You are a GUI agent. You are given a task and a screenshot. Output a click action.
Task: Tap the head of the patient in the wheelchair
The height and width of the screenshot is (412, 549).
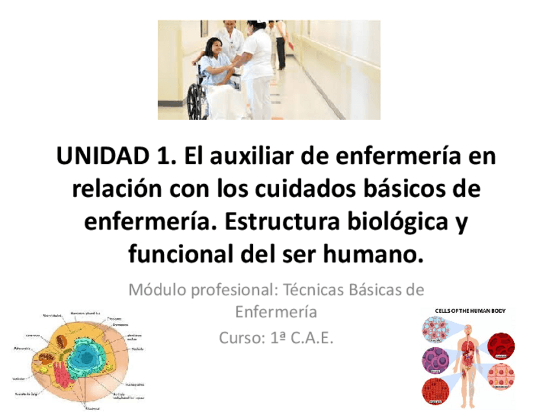tap(214, 46)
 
